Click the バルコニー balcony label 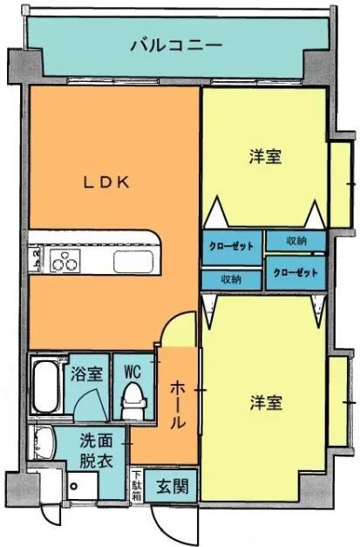click(176, 44)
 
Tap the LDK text click(106, 182)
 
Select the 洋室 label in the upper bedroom click(265, 157)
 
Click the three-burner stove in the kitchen click(65, 261)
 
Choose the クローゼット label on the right click(295, 272)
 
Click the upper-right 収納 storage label click(295, 240)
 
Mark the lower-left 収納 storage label click(231, 279)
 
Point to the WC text click(132, 369)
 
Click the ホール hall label click(176, 404)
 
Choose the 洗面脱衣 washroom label click(97, 450)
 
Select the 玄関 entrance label click(171, 486)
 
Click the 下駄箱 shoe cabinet click(137, 485)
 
